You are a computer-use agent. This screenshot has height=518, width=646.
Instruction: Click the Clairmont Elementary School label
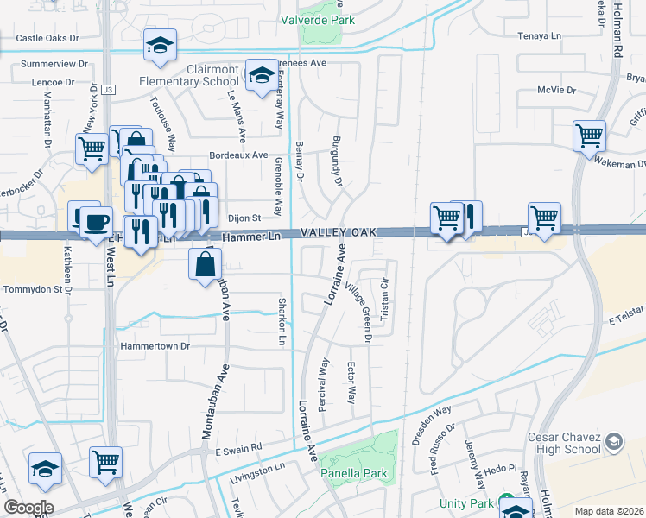(x=190, y=75)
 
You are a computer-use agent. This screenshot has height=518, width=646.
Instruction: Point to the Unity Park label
(x=466, y=503)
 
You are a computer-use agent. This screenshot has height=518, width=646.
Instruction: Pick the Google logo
(x=28, y=508)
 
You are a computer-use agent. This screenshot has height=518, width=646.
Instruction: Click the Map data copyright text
(x=610, y=511)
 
